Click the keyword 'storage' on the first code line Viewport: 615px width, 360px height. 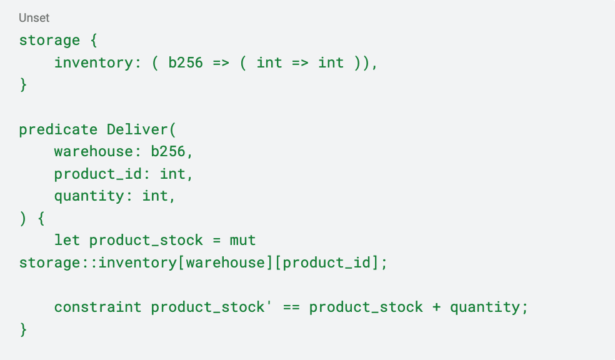pos(49,41)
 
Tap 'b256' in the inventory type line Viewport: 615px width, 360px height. pos(186,62)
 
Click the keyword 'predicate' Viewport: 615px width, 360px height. pos(58,129)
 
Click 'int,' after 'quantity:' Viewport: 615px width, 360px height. pos(159,196)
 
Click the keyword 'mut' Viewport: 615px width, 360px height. pos(243,241)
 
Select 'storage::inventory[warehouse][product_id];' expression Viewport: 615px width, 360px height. pos(203,262)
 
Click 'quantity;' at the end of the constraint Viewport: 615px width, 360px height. pos(489,307)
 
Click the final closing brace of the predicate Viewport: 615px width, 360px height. pos(23,329)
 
